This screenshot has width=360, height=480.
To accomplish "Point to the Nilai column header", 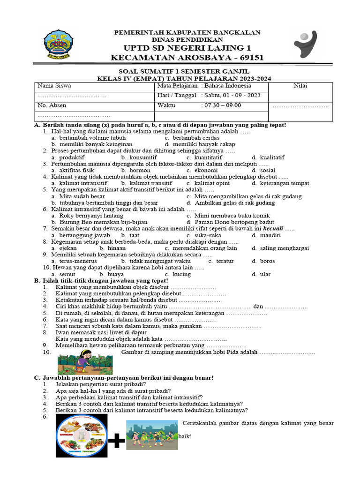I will (x=300, y=86).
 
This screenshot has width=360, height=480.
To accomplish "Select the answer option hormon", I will (x=136, y=171).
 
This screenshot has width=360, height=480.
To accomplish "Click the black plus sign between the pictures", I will (x=117, y=440).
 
